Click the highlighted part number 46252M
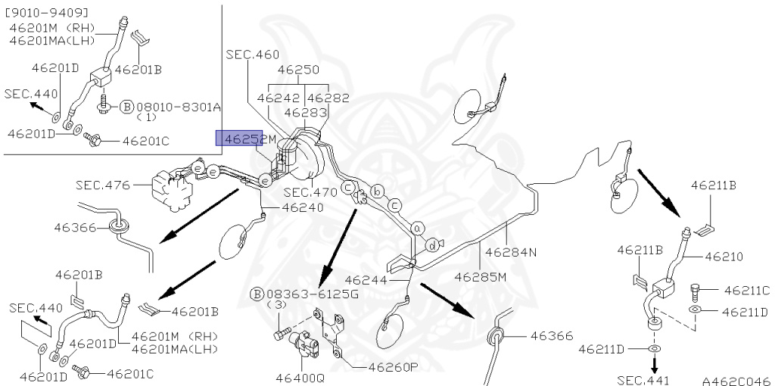(246, 139)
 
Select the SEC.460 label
(252, 54)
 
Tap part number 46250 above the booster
(298, 70)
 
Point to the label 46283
(305, 112)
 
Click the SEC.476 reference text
(103, 185)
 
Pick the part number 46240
(303, 207)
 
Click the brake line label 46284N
(510, 252)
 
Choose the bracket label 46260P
(394, 368)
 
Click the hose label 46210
(724, 257)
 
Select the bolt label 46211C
(745, 290)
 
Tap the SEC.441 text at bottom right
(643, 381)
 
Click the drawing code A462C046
(734, 381)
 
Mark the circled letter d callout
(432, 244)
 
